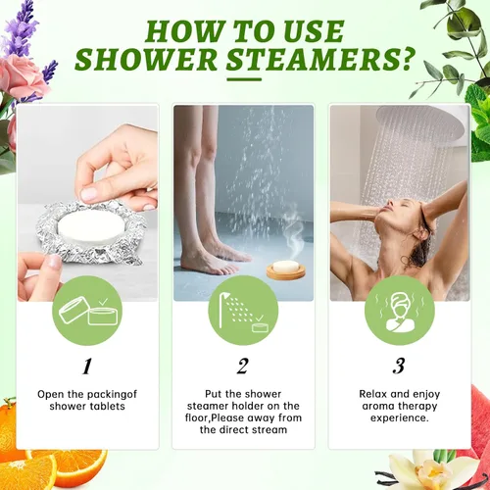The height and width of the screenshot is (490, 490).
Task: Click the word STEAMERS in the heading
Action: click(314, 59)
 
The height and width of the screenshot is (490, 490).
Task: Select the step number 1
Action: click(87, 367)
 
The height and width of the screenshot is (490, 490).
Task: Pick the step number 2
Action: click(243, 367)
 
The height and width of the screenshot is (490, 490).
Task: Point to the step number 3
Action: click(399, 367)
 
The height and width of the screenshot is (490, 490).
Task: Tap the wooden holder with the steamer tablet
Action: click(286, 270)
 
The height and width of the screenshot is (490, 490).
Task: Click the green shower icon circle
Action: click(243, 311)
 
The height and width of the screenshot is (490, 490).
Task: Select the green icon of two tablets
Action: click(87, 311)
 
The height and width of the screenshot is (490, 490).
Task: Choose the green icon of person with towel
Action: click(400, 311)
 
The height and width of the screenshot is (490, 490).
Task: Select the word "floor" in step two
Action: click(196, 417)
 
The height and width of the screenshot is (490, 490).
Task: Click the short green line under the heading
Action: click(244, 79)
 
